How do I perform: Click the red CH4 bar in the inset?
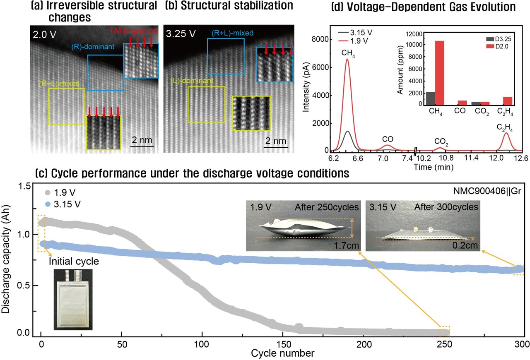click(x=438, y=73)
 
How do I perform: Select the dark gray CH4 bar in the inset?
click(x=431, y=98)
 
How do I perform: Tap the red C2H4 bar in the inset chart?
click(x=507, y=101)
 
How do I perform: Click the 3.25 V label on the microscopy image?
click(x=181, y=33)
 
